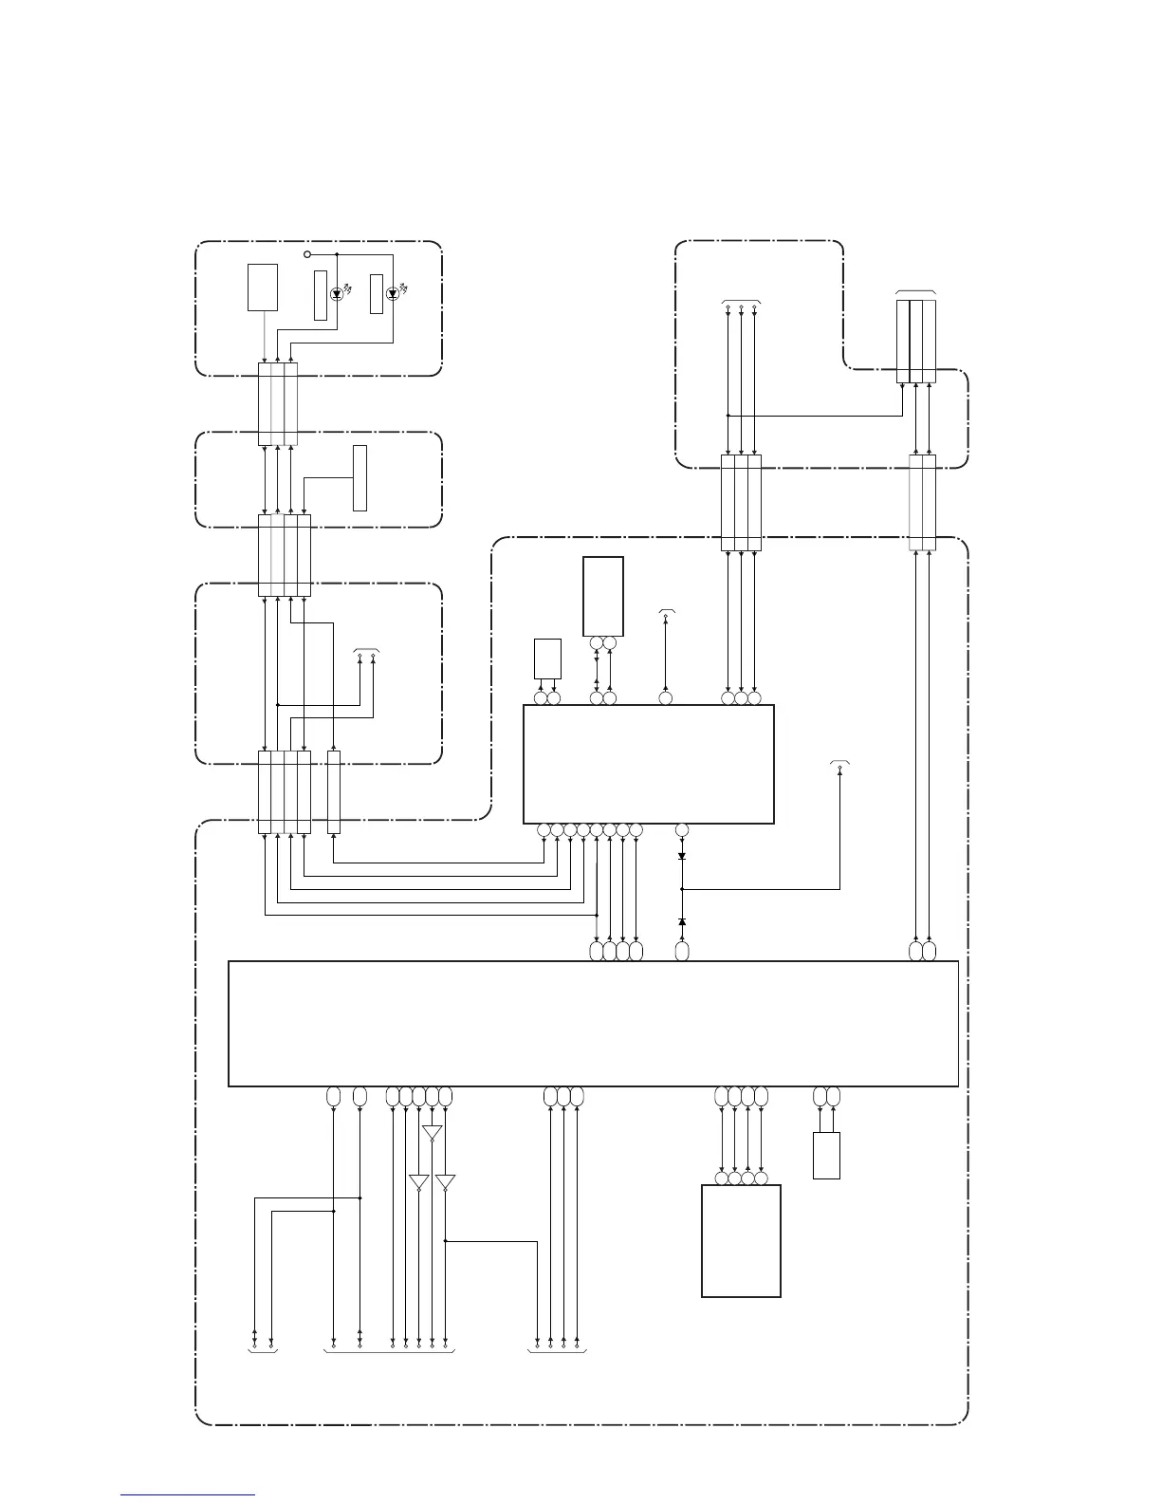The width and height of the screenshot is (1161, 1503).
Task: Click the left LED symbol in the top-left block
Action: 336,294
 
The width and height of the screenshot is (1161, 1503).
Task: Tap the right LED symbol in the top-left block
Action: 392,294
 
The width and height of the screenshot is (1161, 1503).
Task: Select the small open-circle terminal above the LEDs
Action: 306,254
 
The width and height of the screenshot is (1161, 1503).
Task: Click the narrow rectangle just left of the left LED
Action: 321,295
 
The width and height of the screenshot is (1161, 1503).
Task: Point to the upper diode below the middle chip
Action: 682,856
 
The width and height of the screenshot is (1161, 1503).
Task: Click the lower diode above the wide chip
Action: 682,922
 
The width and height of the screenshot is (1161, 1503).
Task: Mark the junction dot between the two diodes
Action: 682,889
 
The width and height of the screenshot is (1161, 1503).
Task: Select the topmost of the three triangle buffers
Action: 432,1133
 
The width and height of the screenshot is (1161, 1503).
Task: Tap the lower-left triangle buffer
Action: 418,1182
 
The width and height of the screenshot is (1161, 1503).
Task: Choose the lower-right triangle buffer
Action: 445,1182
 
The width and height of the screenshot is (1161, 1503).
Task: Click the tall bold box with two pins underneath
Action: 603,596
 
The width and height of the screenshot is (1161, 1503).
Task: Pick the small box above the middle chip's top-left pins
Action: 547,659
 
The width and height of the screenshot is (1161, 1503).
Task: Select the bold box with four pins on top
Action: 741,1240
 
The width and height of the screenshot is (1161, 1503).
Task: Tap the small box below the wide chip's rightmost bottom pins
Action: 826,1155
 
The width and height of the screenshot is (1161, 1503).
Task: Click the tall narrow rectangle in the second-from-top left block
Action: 359,477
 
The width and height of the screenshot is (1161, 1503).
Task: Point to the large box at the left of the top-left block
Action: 263,288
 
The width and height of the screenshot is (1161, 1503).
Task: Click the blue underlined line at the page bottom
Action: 188,1495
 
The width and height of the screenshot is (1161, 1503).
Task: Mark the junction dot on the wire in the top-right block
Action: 728,415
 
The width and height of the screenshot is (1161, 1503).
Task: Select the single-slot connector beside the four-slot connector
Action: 333,792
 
